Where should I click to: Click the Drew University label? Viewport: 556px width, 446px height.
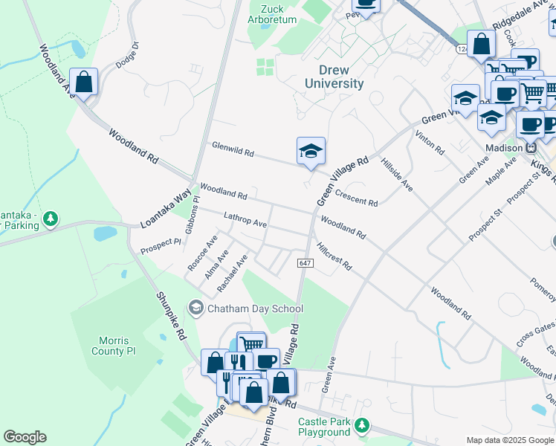(334, 77)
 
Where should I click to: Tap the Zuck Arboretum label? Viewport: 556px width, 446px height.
(272, 13)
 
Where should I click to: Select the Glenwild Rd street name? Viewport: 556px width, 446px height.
(233, 149)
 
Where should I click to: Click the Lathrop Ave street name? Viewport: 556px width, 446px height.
(245, 219)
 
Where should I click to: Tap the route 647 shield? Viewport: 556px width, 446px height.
(305, 263)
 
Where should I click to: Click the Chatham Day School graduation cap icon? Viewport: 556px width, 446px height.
(196, 308)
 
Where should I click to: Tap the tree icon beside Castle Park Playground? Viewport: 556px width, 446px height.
(361, 425)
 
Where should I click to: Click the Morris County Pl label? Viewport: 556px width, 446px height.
(114, 346)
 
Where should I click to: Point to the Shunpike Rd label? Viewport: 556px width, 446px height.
(170, 314)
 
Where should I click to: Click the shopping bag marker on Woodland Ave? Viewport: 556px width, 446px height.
(84, 82)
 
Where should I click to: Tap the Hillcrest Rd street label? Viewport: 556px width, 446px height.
(334, 256)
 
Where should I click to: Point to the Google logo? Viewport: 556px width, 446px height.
(25, 437)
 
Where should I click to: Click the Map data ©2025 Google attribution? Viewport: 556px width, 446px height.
(510, 440)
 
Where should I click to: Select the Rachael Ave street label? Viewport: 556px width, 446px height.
(231, 276)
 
